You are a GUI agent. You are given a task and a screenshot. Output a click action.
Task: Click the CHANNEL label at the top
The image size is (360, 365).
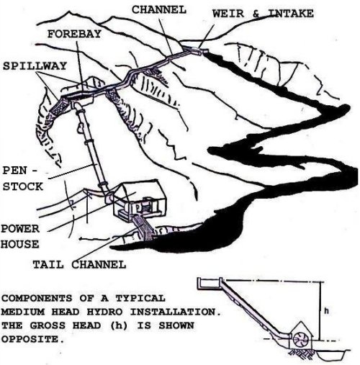(x=159, y=10)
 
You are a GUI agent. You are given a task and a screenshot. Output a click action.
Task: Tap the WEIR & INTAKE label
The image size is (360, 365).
(x=263, y=13)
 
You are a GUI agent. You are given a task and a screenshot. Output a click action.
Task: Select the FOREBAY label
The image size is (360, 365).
(x=74, y=34)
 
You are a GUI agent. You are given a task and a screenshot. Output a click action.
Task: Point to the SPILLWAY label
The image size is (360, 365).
(x=35, y=66)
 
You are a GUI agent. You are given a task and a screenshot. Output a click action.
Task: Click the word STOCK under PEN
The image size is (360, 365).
(x=23, y=186)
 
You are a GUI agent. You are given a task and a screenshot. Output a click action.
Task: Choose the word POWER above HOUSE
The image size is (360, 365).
(x=20, y=229)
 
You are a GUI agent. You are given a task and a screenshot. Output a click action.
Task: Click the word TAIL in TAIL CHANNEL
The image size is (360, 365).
(x=48, y=264)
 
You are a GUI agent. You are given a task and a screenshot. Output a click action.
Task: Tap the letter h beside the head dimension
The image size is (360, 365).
(x=326, y=311)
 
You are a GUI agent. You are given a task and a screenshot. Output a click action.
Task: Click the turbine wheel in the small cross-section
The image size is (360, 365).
(x=300, y=339)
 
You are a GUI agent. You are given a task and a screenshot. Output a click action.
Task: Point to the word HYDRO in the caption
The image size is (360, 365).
(x=104, y=312)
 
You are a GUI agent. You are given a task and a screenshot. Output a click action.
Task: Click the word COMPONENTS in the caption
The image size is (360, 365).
(x=37, y=298)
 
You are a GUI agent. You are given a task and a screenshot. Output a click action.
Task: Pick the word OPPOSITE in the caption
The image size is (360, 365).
(x=33, y=339)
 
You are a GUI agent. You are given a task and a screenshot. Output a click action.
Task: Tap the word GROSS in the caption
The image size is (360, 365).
(x=48, y=325)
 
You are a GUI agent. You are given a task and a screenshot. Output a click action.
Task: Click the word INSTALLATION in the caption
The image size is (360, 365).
(x=176, y=312)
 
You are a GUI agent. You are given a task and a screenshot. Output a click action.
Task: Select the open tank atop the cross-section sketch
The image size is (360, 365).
(x=210, y=284)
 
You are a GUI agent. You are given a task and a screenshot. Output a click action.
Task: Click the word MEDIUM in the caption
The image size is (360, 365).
(x=23, y=312)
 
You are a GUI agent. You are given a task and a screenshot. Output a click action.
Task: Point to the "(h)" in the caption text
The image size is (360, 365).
(x=120, y=325)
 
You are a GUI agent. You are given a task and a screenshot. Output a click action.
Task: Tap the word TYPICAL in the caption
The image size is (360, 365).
(x=140, y=298)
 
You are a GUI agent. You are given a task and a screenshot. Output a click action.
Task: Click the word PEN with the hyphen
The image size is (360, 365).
(x=20, y=171)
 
